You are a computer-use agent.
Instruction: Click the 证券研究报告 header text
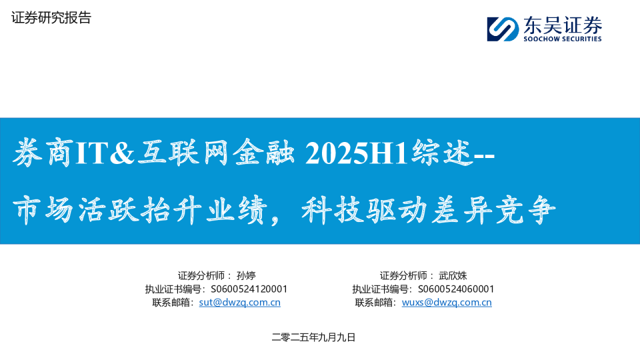click(x=51, y=18)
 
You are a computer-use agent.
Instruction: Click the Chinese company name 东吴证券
click(x=563, y=25)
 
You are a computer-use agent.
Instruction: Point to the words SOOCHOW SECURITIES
click(x=563, y=39)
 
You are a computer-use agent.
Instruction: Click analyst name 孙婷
click(x=246, y=275)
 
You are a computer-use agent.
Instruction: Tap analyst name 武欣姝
click(x=453, y=275)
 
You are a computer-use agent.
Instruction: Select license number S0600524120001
click(x=249, y=289)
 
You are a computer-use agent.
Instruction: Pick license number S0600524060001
click(x=455, y=289)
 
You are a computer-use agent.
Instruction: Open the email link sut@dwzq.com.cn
click(x=239, y=302)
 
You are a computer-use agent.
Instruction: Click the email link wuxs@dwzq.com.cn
click(x=447, y=302)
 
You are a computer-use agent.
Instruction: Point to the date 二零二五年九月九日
click(x=314, y=337)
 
